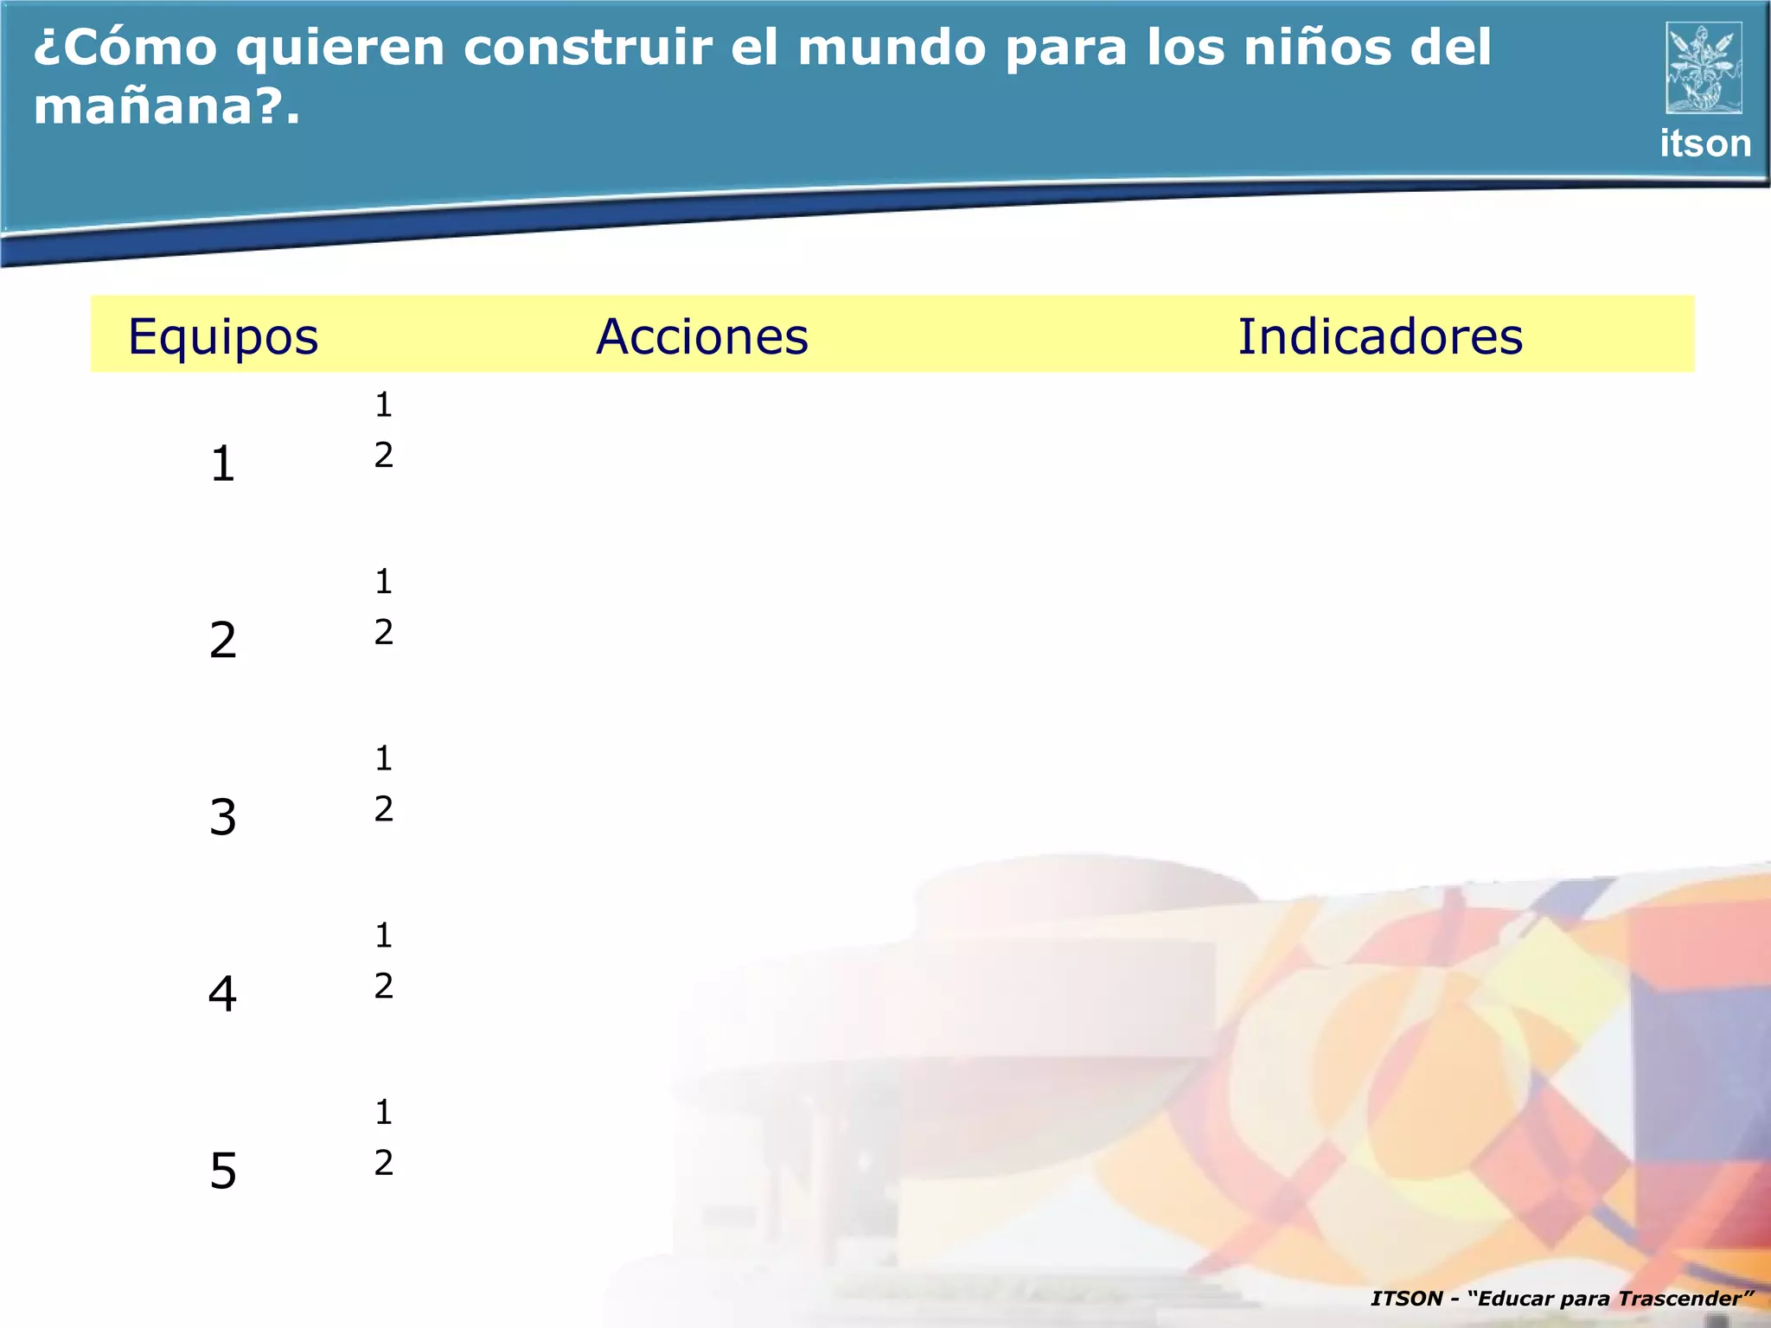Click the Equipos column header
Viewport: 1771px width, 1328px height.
pyautogui.click(x=223, y=337)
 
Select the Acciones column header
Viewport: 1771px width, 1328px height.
pyautogui.click(x=702, y=336)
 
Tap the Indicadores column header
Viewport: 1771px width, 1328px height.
pyautogui.click(x=1380, y=336)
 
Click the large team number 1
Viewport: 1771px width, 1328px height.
pyautogui.click(x=223, y=464)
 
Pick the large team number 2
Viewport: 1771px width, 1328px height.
pyautogui.click(x=223, y=641)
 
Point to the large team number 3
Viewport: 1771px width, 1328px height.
pyautogui.click(x=223, y=818)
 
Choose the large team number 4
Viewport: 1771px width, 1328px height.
pyautogui.click(x=223, y=994)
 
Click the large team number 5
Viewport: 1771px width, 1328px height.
pyautogui.click(x=223, y=1172)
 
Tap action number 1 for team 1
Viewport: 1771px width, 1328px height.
pyautogui.click(x=384, y=405)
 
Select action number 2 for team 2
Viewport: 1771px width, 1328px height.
pyautogui.click(x=384, y=633)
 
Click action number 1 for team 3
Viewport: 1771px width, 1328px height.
pyautogui.click(x=384, y=758)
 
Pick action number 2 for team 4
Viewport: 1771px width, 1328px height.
pyautogui.click(x=384, y=986)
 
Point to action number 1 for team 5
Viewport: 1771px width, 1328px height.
pyautogui.click(x=384, y=1112)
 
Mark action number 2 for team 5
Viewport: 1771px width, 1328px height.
pyautogui.click(x=384, y=1163)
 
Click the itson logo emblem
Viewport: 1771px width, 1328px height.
pyautogui.click(x=1704, y=67)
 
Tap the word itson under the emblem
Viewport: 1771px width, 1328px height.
pyautogui.click(x=1705, y=144)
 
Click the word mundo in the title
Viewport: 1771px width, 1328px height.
pyautogui.click(x=891, y=48)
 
